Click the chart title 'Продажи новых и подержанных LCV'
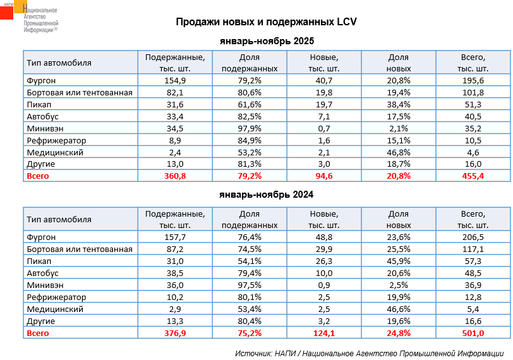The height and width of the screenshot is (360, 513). point(266,22)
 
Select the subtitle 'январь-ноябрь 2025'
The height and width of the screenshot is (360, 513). point(266,42)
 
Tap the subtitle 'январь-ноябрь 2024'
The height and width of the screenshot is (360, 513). point(266,196)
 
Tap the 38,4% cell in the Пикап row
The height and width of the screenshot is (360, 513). point(399,104)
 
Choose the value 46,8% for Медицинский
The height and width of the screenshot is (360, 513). point(399,152)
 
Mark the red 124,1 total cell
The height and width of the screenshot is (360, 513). point(324,333)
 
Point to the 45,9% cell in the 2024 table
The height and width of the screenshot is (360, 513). point(399,261)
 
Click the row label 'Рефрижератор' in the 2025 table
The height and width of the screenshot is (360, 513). point(57,140)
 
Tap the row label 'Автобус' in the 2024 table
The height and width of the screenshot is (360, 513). point(43,273)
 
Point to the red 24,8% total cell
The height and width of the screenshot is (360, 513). point(399,333)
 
